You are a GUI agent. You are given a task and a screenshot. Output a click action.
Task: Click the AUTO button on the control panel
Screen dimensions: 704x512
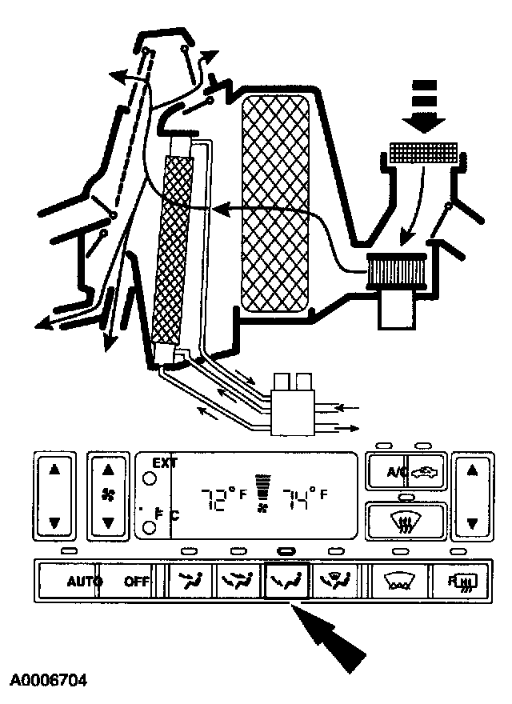pos(81,582)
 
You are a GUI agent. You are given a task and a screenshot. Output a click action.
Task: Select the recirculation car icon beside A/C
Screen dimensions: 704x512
pos(422,472)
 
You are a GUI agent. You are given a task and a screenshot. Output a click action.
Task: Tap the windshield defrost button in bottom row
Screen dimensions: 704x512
pos(398,580)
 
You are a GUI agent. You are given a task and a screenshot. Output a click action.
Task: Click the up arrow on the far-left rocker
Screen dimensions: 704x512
pos(54,470)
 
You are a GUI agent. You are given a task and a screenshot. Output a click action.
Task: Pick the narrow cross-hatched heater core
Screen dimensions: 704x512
pos(172,248)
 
